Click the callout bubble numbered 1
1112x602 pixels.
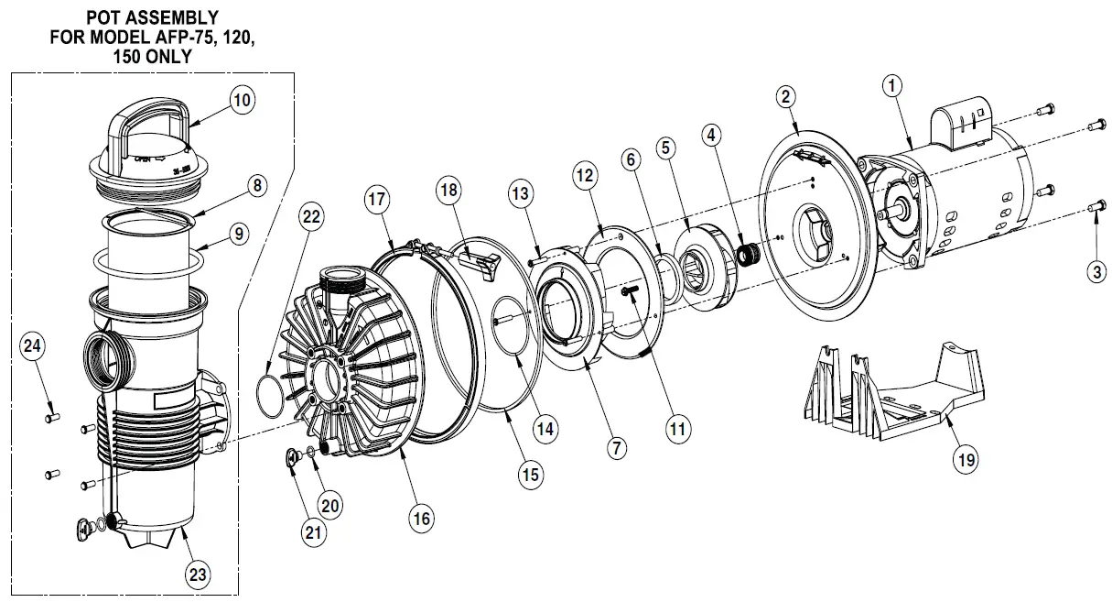tap(893, 87)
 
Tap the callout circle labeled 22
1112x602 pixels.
tap(311, 218)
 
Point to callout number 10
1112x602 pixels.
tap(241, 101)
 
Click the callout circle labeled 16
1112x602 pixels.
tap(420, 518)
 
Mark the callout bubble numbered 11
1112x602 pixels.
tap(678, 427)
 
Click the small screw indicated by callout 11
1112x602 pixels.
tap(629, 292)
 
